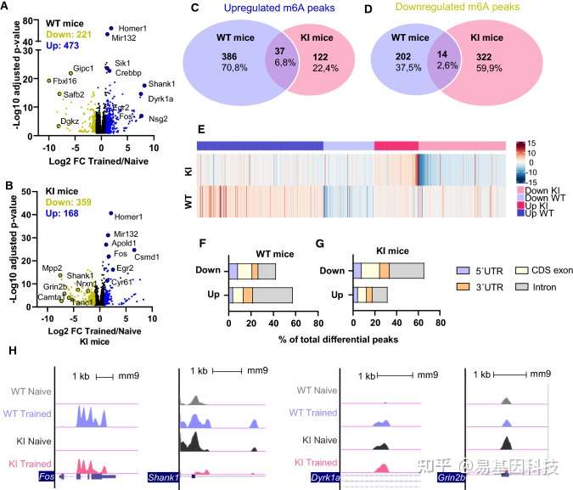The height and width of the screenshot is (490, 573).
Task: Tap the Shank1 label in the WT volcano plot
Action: tap(157, 85)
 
